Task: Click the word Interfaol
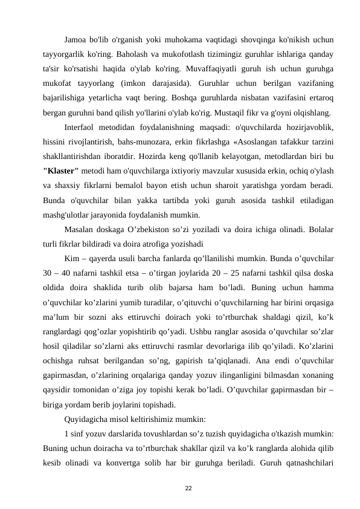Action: point(82,128)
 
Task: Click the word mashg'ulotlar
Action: point(68,213)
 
